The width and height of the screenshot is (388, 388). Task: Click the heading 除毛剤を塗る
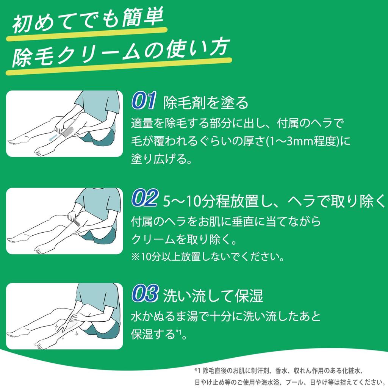click(206, 102)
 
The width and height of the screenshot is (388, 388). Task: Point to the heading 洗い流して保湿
click(213, 296)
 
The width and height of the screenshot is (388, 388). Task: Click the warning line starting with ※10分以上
click(208, 257)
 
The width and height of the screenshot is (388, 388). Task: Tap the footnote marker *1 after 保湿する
click(179, 333)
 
